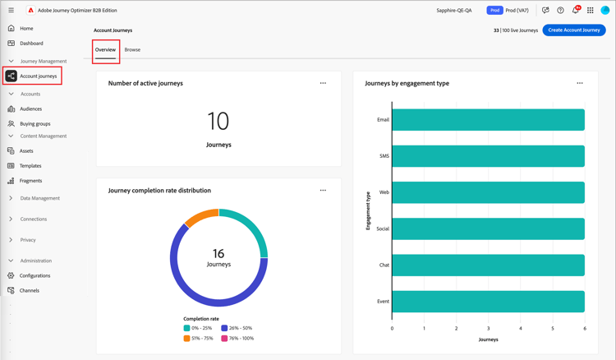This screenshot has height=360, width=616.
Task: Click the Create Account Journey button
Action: click(x=574, y=30)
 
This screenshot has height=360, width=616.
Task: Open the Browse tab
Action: click(x=132, y=50)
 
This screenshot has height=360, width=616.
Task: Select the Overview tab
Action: click(x=105, y=50)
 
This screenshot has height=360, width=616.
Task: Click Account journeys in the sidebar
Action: click(x=38, y=76)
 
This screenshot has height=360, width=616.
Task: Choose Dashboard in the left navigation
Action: click(x=31, y=44)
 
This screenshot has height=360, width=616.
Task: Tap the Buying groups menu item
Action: click(x=34, y=124)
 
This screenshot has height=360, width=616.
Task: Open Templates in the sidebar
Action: click(x=30, y=166)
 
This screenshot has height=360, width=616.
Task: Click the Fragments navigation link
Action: click(x=30, y=181)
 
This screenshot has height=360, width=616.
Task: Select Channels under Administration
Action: click(x=30, y=291)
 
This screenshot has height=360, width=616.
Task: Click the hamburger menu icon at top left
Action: click(x=11, y=11)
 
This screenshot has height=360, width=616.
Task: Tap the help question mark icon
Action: click(x=560, y=11)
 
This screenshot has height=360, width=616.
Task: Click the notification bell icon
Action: click(x=575, y=11)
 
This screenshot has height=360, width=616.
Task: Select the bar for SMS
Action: click(x=488, y=156)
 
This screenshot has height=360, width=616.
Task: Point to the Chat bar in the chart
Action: click(x=488, y=265)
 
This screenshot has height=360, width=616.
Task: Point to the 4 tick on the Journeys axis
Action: click(x=521, y=329)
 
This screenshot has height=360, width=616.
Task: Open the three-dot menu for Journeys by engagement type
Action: click(x=580, y=83)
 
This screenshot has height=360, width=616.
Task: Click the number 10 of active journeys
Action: click(x=218, y=122)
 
